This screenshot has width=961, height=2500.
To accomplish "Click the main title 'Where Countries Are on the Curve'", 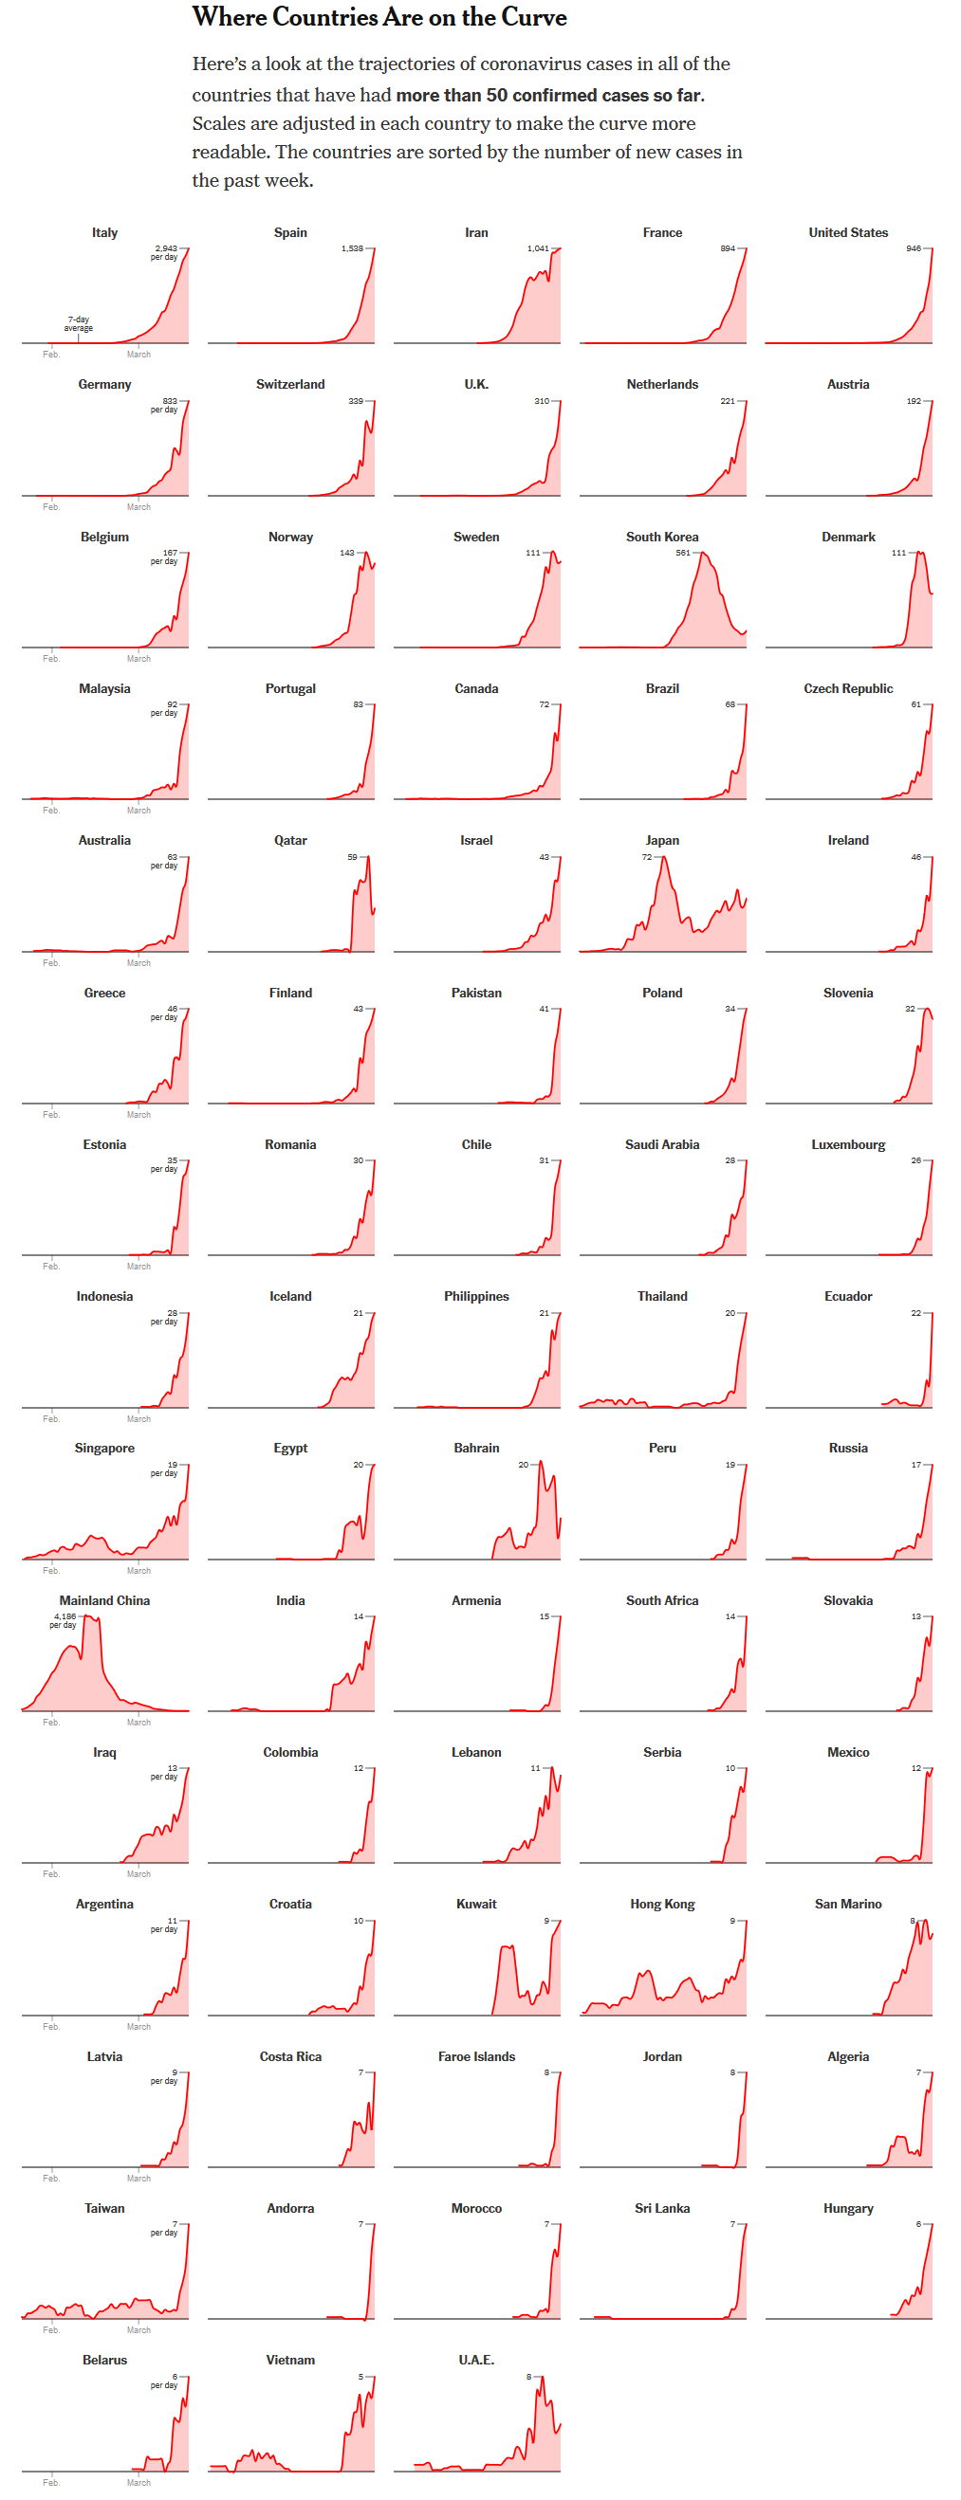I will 379,17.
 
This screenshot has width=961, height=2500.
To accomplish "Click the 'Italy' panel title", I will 105,233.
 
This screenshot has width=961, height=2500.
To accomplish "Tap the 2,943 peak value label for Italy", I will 166,248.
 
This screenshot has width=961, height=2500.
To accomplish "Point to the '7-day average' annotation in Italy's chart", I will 79,323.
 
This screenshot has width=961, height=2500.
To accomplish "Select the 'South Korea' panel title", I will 662,537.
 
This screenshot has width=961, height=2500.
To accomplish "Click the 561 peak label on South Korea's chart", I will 683,553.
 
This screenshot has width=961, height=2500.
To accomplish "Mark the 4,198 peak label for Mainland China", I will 65,1616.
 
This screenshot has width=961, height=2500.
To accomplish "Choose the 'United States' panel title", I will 848,233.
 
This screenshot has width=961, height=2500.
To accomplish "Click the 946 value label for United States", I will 914,248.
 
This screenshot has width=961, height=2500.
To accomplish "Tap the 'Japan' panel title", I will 662,841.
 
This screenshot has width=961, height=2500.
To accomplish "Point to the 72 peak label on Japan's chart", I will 646,857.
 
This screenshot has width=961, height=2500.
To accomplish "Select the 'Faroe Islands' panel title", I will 476,2056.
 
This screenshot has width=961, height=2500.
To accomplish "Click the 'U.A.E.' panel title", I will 476,2361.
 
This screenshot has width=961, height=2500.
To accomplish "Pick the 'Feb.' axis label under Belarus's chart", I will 51,2483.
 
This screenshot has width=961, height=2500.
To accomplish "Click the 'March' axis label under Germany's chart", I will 139,506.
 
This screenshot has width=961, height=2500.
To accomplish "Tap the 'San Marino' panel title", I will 848,1904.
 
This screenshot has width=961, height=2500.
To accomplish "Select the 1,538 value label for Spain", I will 351,248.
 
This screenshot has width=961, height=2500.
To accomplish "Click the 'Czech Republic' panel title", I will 848,689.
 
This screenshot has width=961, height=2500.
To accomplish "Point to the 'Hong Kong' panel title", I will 662,1904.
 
